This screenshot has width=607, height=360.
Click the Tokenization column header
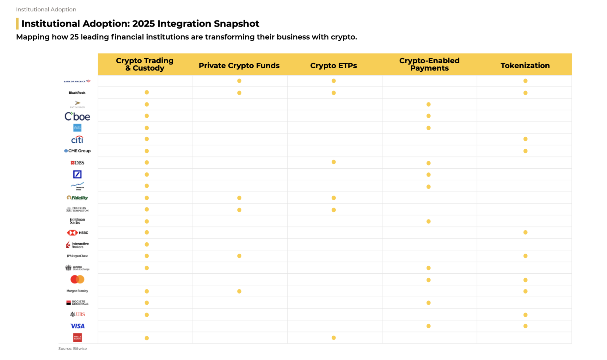click(525, 65)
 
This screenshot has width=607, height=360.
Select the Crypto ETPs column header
click(333, 65)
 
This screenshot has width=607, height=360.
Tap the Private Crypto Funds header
click(239, 65)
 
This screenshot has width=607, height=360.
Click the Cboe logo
click(77, 116)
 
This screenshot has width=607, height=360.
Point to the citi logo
click(77, 140)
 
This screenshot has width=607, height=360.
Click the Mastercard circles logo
click(77, 279)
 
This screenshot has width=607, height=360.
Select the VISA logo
click(77, 326)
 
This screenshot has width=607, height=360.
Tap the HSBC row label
click(77, 233)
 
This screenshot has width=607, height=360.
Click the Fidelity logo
click(77, 198)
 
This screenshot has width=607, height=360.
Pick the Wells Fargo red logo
click(77, 338)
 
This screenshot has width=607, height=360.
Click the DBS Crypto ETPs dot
click(334, 162)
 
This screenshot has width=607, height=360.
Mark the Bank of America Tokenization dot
click(525, 81)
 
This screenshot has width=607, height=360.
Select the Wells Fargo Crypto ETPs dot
click(334, 338)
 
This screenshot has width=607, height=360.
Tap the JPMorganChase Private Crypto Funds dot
click(239, 256)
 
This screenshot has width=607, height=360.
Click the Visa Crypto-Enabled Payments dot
click(428, 326)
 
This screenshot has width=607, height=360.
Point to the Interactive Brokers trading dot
click(147, 245)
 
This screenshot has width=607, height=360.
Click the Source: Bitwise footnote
click(72, 348)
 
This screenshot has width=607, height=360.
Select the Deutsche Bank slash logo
click(77, 174)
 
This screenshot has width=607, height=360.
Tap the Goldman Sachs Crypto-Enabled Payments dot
click(428, 221)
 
